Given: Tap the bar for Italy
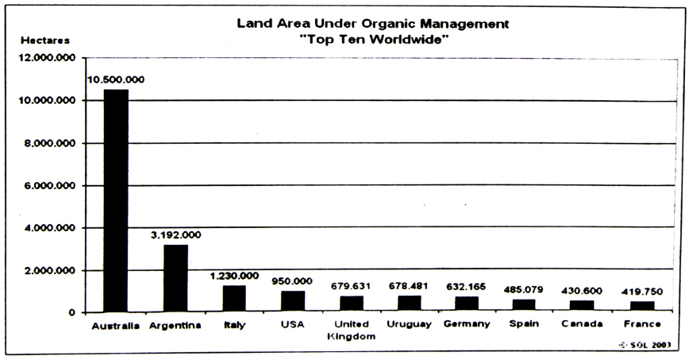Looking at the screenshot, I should (x=234, y=299).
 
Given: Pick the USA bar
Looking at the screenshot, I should (x=293, y=302).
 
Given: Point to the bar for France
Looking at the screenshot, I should (x=644, y=307).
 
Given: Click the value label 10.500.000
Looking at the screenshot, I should (x=116, y=80).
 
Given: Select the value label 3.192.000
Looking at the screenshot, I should (x=176, y=234).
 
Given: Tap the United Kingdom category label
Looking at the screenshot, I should (x=352, y=331).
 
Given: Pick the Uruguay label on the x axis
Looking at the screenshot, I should (x=410, y=325).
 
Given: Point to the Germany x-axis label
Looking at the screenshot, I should (x=468, y=325).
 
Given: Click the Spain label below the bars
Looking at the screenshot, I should (x=525, y=325).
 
